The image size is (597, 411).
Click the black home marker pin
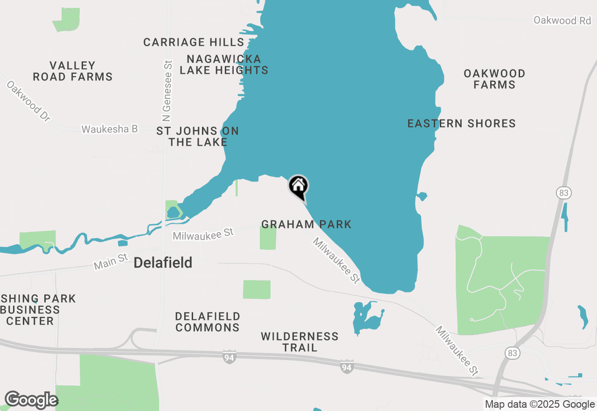[x=298, y=187]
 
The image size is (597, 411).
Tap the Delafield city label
[x=163, y=263]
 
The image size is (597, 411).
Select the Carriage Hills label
[x=194, y=43]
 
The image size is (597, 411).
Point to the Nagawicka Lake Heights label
[x=224, y=64]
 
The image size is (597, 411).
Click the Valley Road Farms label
[x=73, y=71]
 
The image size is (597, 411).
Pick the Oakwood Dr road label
[x=28, y=101]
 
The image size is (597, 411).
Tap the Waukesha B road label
[x=110, y=129]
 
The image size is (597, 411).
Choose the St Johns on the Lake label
[x=198, y=136]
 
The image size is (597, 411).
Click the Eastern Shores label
[x=461, y=124]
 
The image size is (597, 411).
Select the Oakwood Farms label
[x=494, y=79]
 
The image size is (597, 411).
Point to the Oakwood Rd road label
[x=562, y=20]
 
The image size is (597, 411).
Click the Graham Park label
[x=306, y=225]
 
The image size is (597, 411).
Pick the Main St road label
[x=111, y=262]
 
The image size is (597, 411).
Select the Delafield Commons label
[x=208, y=322]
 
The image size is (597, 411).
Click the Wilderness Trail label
[x=299, y=342]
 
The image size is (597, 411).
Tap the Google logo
[x=31, y=400]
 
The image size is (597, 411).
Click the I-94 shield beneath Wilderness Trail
[x=346, y=367]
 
